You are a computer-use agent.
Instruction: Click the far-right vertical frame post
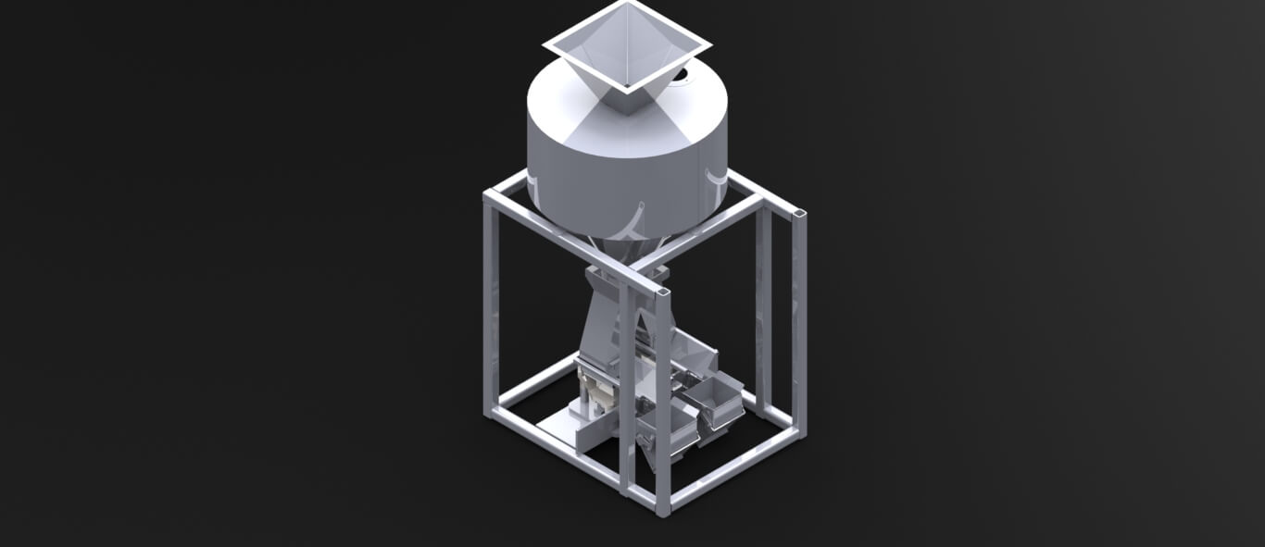[x=798, y=324]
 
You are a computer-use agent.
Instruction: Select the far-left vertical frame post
[x=490, y=305]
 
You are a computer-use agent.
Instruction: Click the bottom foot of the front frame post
[x=663, y=506]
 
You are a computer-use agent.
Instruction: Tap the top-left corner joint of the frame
[x=491, y=196]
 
